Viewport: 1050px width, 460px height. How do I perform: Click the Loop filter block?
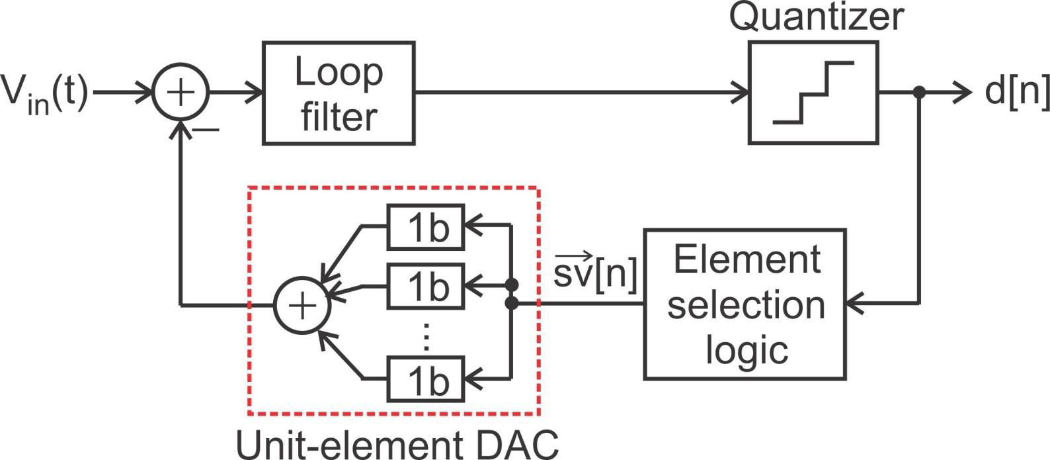tap(339, 93)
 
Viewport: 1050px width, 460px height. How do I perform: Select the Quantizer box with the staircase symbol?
tap(813, 93)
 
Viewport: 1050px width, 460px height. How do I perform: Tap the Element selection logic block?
tap(745, 304)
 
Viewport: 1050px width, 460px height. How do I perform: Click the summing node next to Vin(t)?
tap(181, 93)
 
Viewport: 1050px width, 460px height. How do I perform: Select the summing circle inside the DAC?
tap(302, 306)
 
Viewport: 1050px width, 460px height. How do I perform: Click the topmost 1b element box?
tap(426, 227)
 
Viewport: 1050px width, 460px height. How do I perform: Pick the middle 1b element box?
tap(426, 286)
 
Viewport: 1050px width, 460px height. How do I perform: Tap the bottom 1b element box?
tap(426, 379)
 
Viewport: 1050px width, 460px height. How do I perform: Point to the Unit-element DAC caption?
tap(397, 445)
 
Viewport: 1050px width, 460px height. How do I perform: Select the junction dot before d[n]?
tap(918, 93)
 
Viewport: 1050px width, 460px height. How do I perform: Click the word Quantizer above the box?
tap(816, 17)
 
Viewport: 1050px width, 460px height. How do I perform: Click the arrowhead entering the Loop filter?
tap(255, 93)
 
